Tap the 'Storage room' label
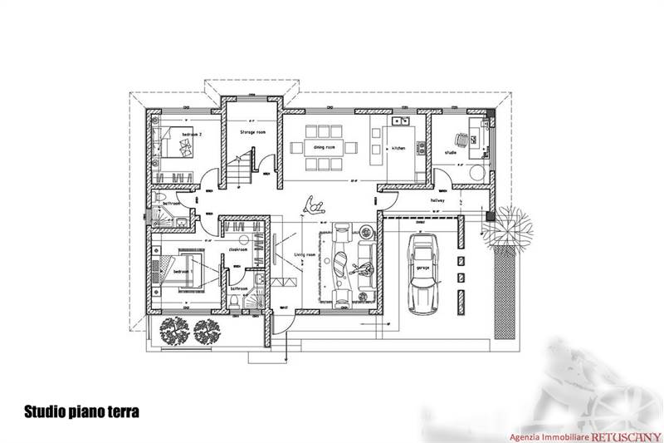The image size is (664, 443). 252,132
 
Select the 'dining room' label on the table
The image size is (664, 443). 324,146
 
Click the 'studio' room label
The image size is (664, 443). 451,153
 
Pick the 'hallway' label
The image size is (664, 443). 438,200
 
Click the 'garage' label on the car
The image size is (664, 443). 422,268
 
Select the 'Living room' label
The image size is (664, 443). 305,255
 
